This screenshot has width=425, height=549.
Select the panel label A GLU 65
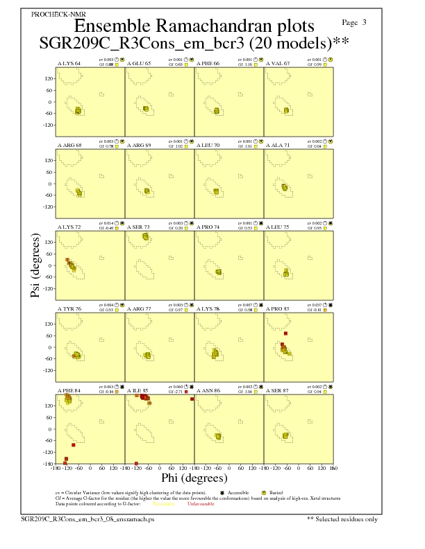139,63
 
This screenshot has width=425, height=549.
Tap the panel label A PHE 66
208,63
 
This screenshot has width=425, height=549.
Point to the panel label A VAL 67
278,63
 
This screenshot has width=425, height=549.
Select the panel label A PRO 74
208,227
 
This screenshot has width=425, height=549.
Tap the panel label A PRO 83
278,308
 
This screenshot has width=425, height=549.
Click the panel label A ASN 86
208,390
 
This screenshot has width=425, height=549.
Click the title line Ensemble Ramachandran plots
194,26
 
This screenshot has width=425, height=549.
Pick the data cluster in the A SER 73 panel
146,237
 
